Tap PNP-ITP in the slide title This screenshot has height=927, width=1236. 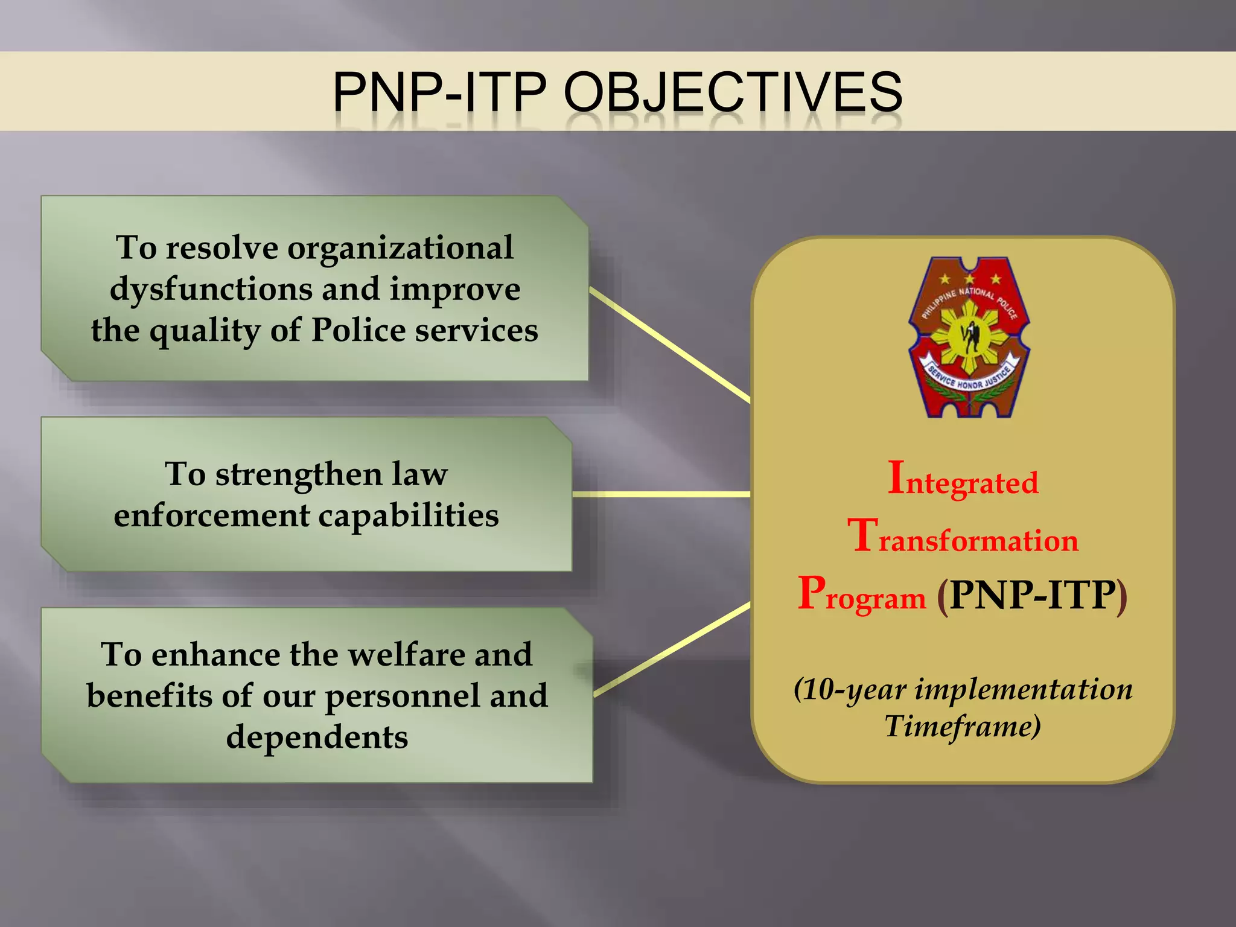click(x=439, y=92)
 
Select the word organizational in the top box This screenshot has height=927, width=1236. click(x=400, y=247)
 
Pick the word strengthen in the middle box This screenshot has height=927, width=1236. click(x=299, y=474)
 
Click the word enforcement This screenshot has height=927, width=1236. click(x=212, y=515)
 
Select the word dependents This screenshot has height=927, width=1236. click(x=317, y=737)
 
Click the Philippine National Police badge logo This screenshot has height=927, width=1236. click(x=968, y=337)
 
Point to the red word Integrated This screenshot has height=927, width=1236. click(x=963, y=480)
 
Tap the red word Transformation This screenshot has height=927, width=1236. click(x=963, y=538)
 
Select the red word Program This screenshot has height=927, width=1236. click(x=861, y=596)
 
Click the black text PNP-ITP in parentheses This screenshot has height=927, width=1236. click(x=1032, y=596)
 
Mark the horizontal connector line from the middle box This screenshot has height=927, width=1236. click(x=661, y=494)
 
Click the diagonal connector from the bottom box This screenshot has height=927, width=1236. click(x=672, y=649)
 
